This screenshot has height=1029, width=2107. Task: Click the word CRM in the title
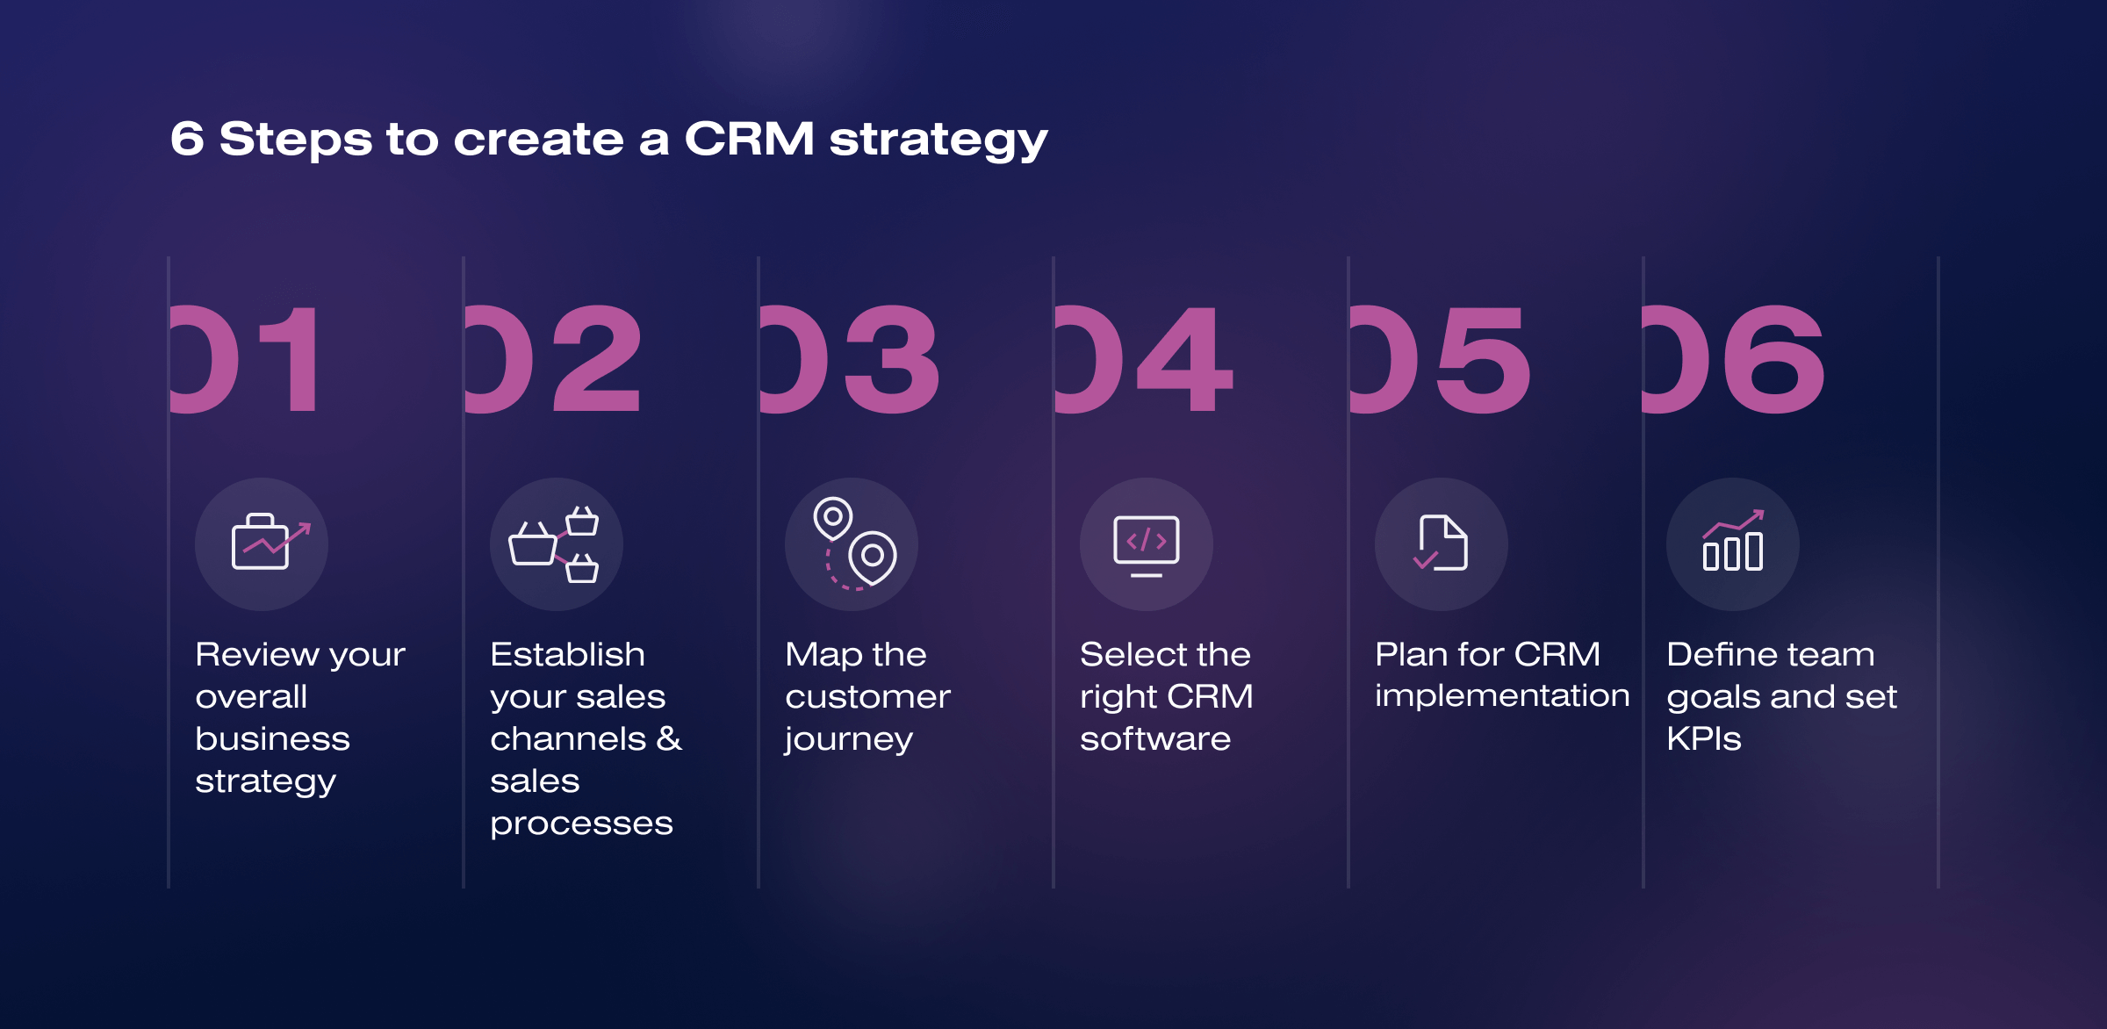[749, 139]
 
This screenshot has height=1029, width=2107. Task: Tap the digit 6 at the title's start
[187, 139]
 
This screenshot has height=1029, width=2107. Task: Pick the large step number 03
[850, 359]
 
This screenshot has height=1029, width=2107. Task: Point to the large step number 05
[1441, 359]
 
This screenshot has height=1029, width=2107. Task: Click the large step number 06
[1734, 359]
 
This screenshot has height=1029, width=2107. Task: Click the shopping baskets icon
[554, 544]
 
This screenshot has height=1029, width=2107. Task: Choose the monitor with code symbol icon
[1147, 545]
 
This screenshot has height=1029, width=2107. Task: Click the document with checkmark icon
[1441, 543]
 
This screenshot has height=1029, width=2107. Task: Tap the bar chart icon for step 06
[1733, 540]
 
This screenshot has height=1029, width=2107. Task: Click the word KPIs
[1704, 738]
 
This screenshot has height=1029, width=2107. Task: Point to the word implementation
[1502, 696]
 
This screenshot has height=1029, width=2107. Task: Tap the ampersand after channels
[669, 738]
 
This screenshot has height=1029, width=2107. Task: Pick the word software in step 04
[1155, 738]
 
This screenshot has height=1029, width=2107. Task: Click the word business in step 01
[272, 738]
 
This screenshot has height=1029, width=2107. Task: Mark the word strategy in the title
[938, 140]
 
